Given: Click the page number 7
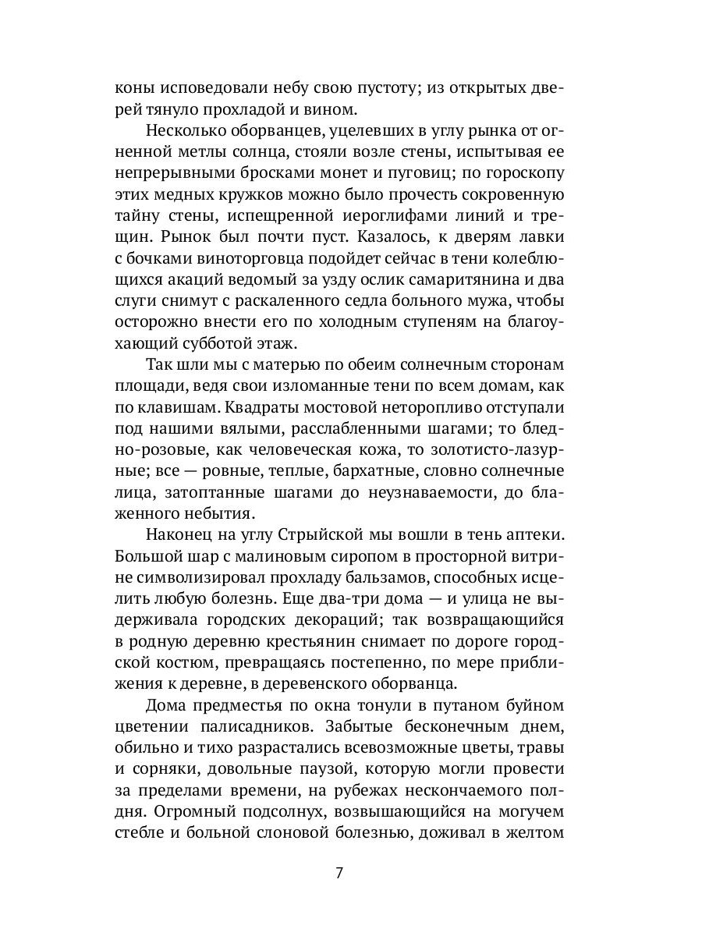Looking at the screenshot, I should [x=339, y=872].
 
